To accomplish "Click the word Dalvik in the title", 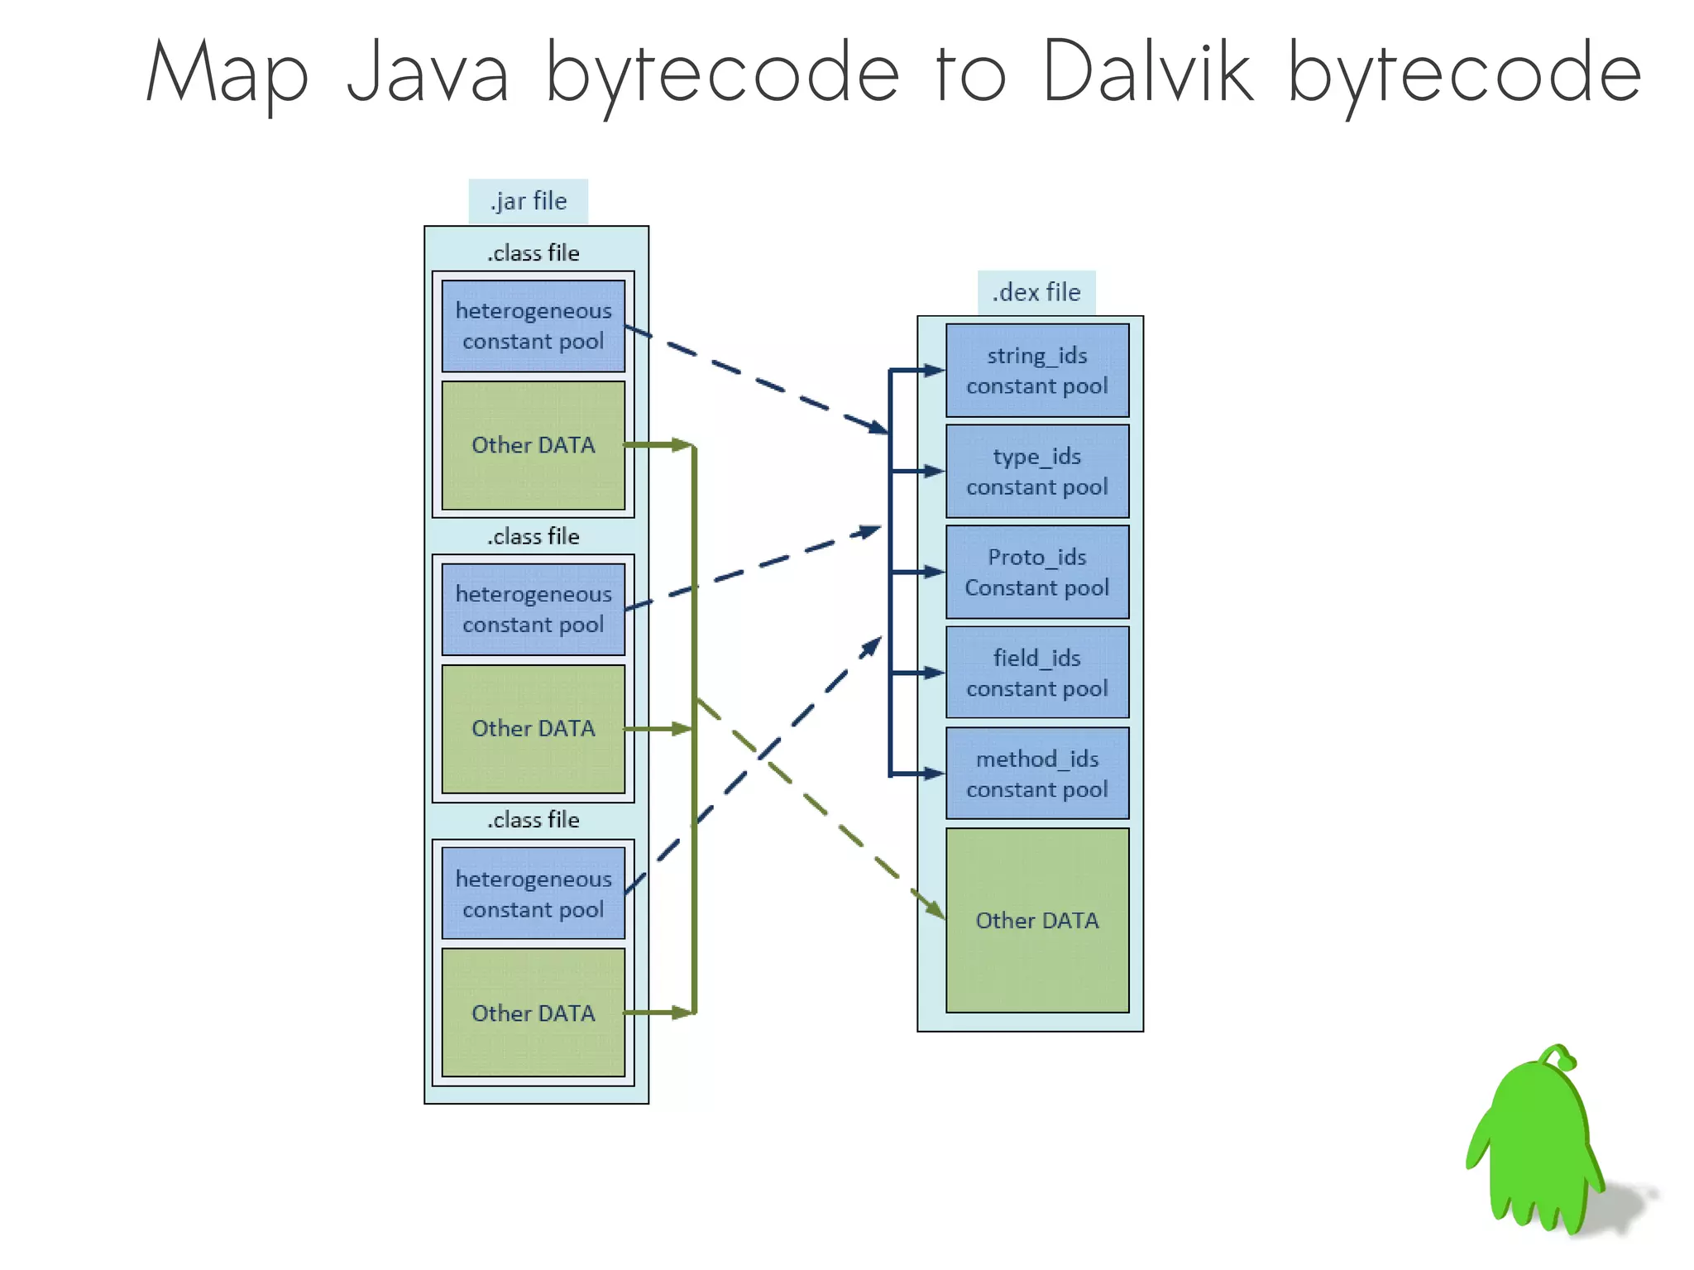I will click(1148, 73).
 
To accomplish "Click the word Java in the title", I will click(427, 73).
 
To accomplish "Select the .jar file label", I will click(528, 201).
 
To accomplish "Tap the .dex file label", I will click(1036, 292).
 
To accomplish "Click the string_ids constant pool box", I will click(1037, 371).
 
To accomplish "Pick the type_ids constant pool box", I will click(1037, 472).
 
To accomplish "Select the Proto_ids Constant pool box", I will click(1037, 573).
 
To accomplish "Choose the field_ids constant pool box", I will click(1037, 673).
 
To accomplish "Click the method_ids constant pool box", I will click(1037, 774).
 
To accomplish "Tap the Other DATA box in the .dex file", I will click(1037, 920).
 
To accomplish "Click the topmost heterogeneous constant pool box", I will click(534, 326).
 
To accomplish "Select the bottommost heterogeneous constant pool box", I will click(534, 894).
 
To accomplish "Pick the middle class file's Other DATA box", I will click(534, 729).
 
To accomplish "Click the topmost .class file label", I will click(534, 253).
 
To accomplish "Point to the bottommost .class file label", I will click(534, 820).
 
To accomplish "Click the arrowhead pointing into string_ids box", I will click(935, 371).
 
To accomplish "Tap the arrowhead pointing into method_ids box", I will click(935, 774).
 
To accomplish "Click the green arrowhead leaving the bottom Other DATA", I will click(682, 1013).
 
